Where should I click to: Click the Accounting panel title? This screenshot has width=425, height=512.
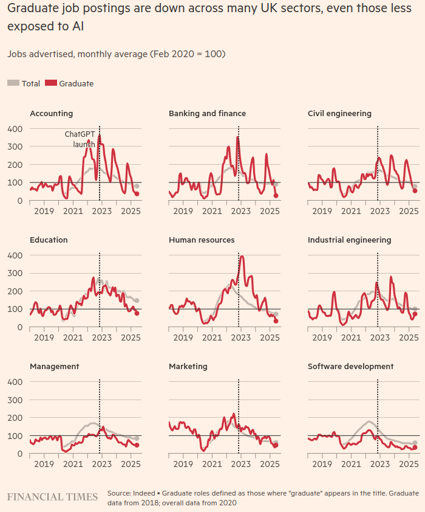[52, 114]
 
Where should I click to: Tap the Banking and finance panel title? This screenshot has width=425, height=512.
[207, 114]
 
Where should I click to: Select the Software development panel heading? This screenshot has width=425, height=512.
[350, 367]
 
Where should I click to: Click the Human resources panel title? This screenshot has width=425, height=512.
[202, 240]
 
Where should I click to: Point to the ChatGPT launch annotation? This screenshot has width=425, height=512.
[80, 139]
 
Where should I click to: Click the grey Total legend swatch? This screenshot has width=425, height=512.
[13, 83]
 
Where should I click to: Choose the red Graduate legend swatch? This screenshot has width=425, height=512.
[50, 83]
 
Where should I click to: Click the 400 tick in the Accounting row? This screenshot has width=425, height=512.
[15, 129]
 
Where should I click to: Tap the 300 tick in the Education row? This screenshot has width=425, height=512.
[15, 273]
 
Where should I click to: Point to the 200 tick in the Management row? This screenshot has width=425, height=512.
[15, 418]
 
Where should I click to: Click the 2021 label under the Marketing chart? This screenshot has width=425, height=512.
[212, 465]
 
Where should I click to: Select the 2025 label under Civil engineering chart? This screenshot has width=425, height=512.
[409, 212]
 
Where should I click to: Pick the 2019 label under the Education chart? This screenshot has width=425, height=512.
[44, 338]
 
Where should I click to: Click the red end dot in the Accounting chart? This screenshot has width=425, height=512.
[137, 194]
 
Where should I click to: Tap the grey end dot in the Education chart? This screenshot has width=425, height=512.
[137, 300]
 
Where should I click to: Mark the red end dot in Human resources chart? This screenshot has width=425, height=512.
[276, 321]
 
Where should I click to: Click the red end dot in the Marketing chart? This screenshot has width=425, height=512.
[276, 445]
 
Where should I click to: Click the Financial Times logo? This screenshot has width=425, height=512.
[52, 497]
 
